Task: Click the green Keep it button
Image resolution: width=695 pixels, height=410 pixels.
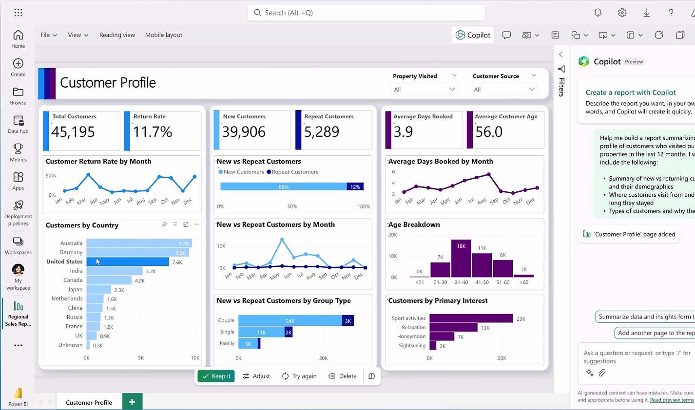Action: pyautogui.click(x=216, y=376)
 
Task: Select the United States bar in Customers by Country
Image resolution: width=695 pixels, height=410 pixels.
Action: pyautogui.click(x=128, y=262)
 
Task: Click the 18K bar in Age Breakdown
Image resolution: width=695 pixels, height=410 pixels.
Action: pyautogui.click(x=461, y=259)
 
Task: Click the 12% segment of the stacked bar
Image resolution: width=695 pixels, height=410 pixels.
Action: pyautogui.click(x=355, y=187)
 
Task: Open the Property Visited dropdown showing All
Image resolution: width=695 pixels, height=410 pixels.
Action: pyautogui.click(x=424, y=89)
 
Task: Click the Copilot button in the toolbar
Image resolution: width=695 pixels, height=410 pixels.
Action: pyautogui.click(x=473, y=35)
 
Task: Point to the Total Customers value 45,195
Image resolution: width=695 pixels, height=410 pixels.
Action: pyautogui.click(x=73, y=131)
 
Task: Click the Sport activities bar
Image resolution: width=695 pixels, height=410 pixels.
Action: pyautogui.click(x=471, y=318)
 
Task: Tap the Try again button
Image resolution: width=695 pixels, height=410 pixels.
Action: pyautogui.click(x=299, y=376)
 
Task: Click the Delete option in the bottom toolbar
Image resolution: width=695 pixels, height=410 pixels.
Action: pyautogui.click(x=343, y=376)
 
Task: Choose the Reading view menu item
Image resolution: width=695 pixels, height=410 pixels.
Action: pyautogui.click(x=117, y=35)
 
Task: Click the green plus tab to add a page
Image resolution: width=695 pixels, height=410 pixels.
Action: pyautogui.click(x=132, y=402)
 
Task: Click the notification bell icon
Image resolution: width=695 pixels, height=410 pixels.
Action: pyautogui.click(x=598, y=13)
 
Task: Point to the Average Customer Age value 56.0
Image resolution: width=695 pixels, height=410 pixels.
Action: pyautogui.click(x=489, y=131)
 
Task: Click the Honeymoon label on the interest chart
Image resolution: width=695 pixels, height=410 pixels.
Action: pyautogui.click(x=411, y=336)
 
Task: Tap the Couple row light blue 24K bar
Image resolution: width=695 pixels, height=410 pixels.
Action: pyautogui.click(x=290, y=320)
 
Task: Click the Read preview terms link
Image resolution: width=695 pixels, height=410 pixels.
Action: pyautogui.click(x=672, y=400)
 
